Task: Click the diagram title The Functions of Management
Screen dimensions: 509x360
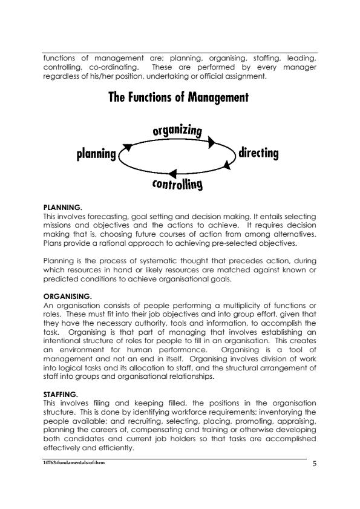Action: tap(179, 97)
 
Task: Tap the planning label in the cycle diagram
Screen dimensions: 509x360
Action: tap(96, 154)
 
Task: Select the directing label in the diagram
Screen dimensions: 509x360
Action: tap(259, 153)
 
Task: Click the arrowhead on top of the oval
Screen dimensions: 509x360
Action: tap(212, 142)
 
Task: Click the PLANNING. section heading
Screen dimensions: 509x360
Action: tap(62, 208)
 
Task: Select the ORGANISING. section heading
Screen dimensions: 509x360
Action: tap(67, 296)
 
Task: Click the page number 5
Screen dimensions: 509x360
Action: tap(314, 464)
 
